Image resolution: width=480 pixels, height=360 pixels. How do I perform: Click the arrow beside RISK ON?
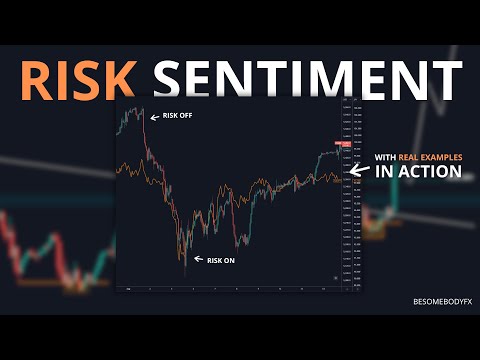pyautogui.click(x=198, y=259)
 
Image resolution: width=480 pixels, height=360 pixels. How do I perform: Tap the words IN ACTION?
pyautogui.click(x=418, y=172)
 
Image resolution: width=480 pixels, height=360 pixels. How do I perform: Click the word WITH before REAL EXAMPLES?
pyautogui.click(x=386, y=156)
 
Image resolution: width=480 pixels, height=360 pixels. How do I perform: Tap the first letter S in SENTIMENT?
pyautogui.click(x=173, y=75)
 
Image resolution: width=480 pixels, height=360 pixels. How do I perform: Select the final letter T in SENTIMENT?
pyautogui.click(x=446, y=75)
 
